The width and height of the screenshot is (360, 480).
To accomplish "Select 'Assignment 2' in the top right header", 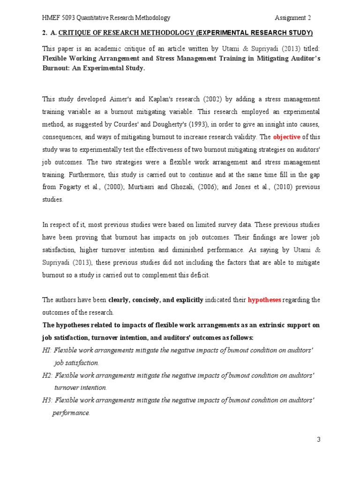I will tap(293, 18).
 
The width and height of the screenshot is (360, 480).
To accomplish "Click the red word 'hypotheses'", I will tap(264, 300).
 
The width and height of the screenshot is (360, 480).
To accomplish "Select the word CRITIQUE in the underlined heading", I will tap(76, 33).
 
